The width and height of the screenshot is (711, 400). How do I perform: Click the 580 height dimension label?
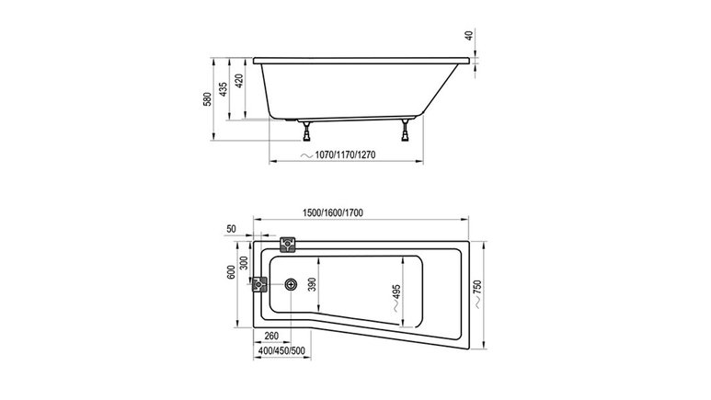tap(207, 99)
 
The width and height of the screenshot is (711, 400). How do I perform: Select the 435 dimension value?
tap(224, 89)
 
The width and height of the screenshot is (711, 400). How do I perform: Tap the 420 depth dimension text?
tap(239, 80)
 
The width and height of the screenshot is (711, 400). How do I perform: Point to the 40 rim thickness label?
tap(470, 34)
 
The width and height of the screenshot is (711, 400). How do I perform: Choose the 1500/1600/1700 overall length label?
tap(333, 212)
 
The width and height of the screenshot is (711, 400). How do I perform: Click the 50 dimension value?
tap(231, 229)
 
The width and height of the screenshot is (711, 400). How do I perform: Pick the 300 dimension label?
tap(244, 263)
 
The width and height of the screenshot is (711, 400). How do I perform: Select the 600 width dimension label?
tap(231, 272)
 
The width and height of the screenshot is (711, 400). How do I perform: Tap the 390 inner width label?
tap(312, 284)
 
